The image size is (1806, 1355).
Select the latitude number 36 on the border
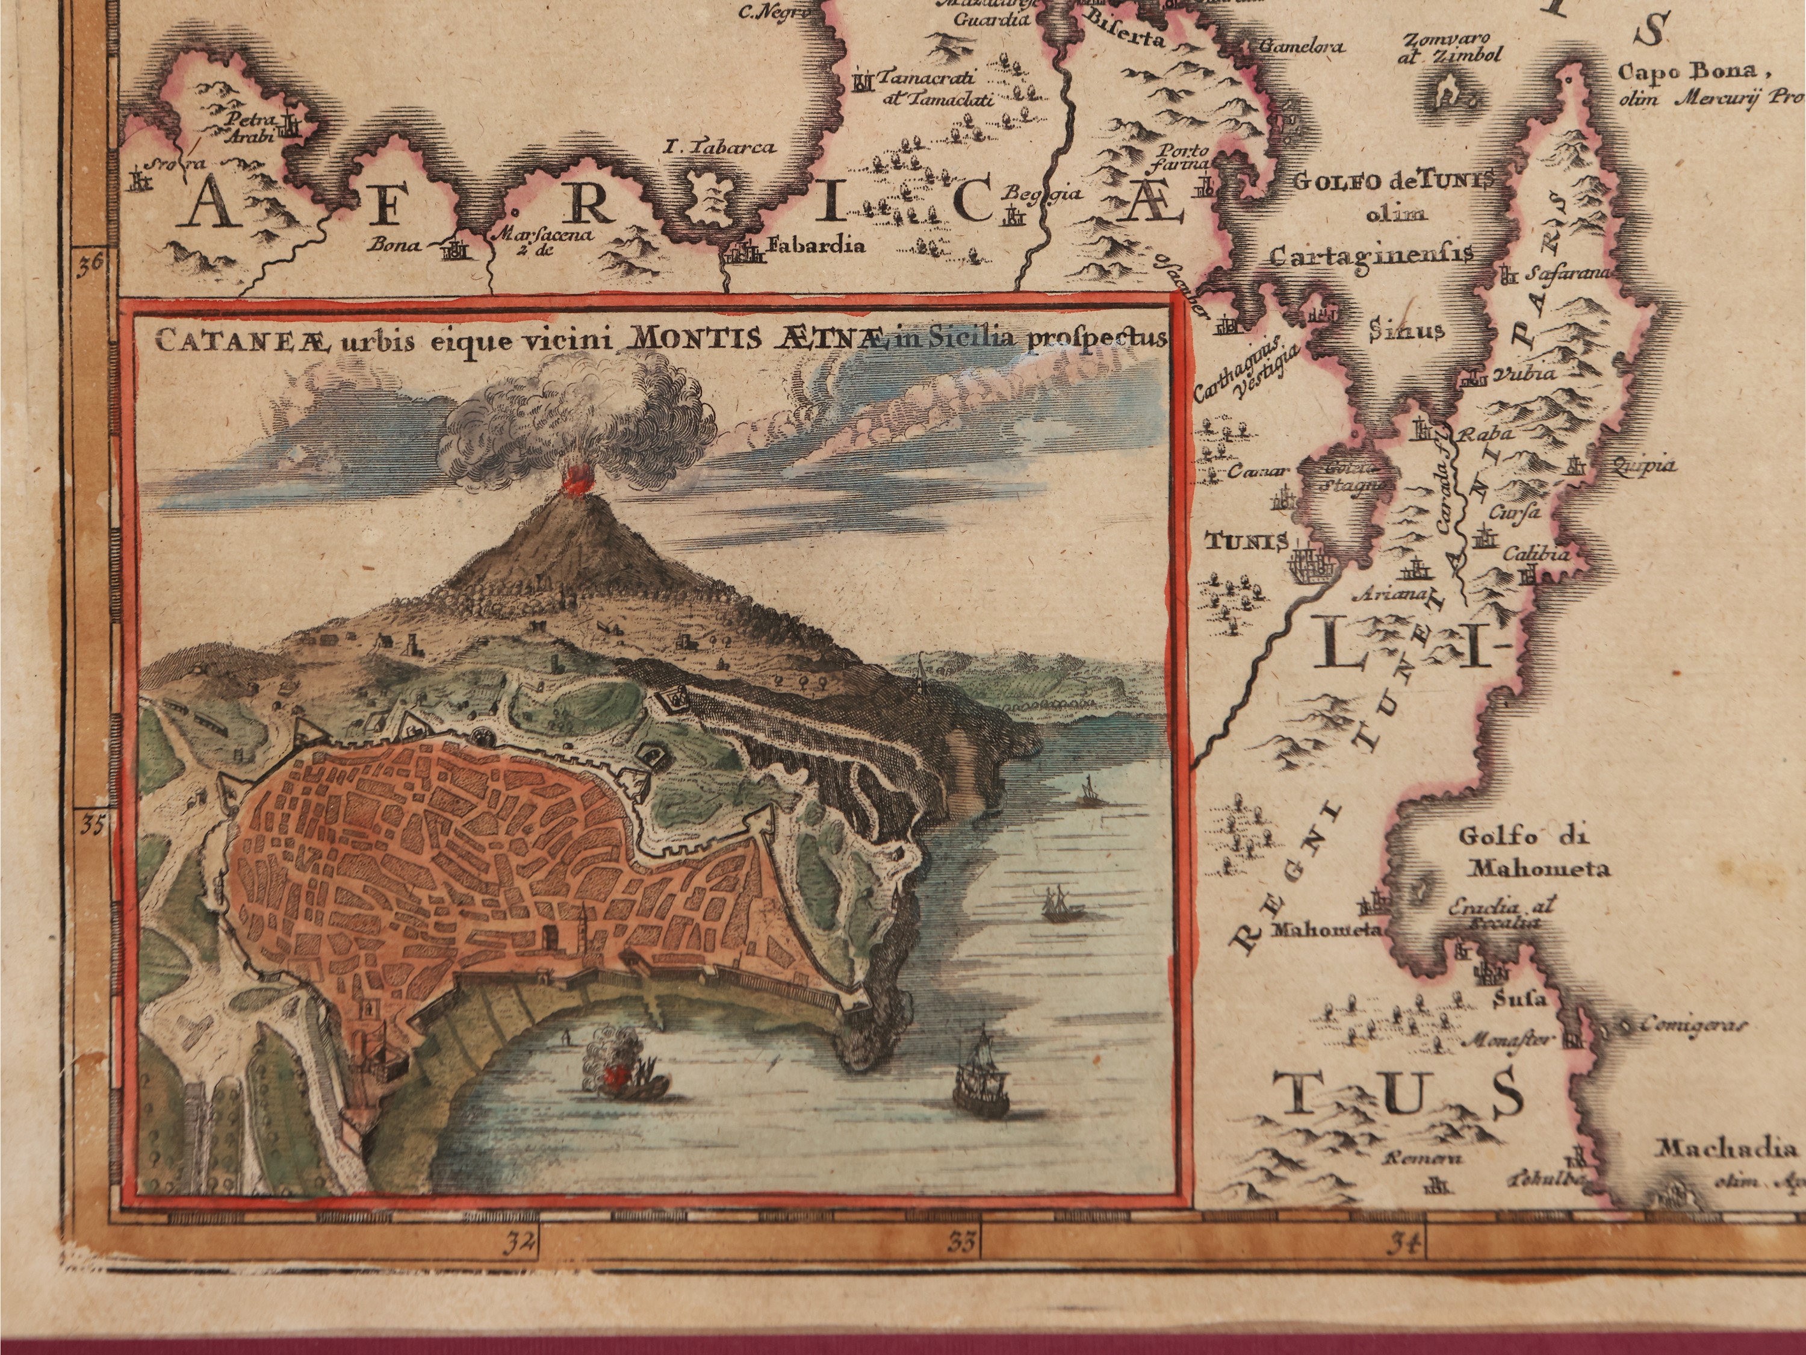(92, 263)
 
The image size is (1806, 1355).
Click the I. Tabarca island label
(718, 148)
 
